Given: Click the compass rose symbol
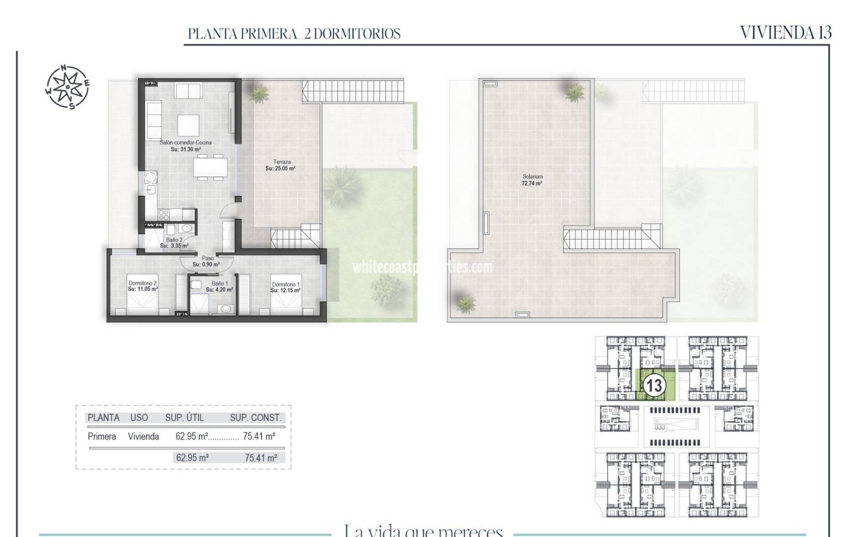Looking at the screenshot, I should (x=68, y=87).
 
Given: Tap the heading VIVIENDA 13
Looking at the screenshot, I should (x=785, y=32).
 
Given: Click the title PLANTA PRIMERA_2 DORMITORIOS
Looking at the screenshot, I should (x=294, y=33).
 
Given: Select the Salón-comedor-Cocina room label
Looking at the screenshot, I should (x=185, y=146).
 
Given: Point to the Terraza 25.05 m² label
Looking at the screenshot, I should (x=281, y=165).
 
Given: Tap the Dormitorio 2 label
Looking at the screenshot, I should (x=142, y=286).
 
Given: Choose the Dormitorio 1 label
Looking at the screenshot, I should (x=285, y=287).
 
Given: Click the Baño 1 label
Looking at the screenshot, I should (x=219, y=286).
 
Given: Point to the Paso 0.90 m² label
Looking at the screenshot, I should (x=207, y=262).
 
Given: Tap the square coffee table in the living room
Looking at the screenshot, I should (x=188, y=125).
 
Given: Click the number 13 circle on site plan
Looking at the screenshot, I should (x=654, y=385).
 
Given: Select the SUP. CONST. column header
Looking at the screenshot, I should (x=255, y=418).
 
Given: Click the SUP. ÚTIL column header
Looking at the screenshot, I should (x=184, y=418).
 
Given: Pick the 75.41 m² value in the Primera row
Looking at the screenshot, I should (x=259, y=437).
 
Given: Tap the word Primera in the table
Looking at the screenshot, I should (x=102, y=437).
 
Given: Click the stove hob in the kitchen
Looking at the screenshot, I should (x=164, y=214).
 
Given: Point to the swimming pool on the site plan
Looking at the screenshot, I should (x=676, y=426).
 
